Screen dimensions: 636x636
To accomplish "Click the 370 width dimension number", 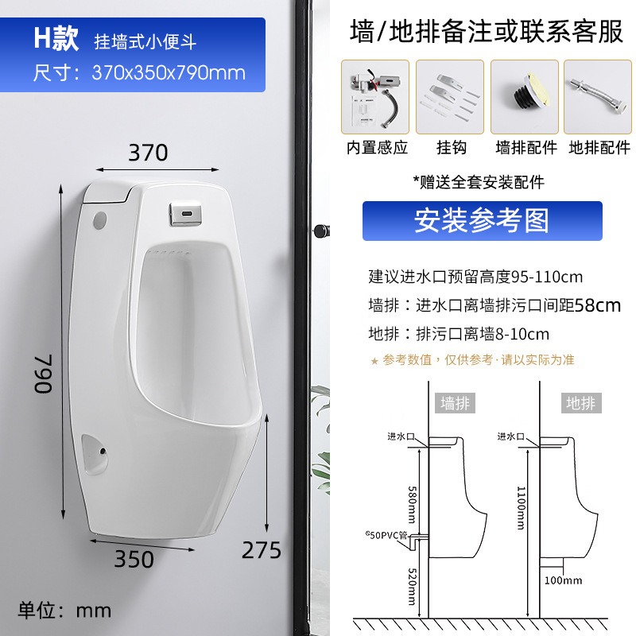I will pos(149,153).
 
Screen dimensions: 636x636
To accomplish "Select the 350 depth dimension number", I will pos(134,559).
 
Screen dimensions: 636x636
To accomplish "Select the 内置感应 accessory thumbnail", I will pos(376,96).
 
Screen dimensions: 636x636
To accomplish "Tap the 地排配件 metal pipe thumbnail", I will pos(599,96).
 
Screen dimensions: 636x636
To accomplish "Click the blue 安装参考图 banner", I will pos(482,221).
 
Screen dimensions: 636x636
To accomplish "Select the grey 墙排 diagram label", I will pos(456,403).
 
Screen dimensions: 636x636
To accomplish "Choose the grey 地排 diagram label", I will pos(580,403).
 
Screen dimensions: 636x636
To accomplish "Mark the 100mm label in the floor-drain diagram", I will pos(564,580).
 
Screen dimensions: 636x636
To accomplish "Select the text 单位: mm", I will pos(66,610).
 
